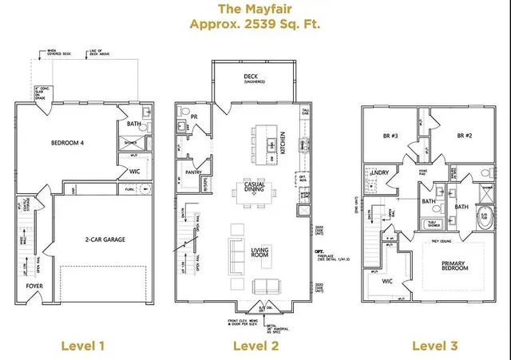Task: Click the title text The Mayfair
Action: [x=255, y=10]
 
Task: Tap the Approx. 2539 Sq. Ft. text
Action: [x=255, y=25]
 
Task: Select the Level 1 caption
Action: [x=83, y=345]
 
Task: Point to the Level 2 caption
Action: [x=255, y=345]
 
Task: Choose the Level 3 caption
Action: [x=434, y=345]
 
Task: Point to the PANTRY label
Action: [x=192, y=172]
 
